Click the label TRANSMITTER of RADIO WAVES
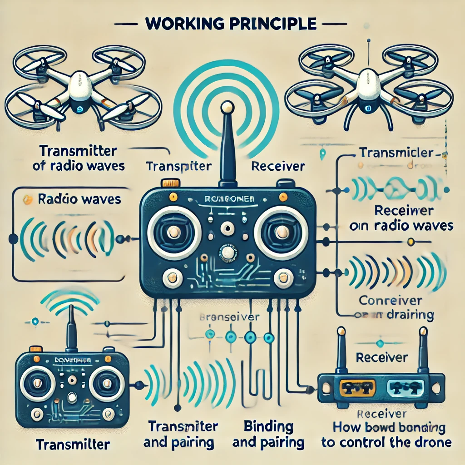point(78,158)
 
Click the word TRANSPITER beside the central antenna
point(179,166)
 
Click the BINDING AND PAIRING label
point(268,434)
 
